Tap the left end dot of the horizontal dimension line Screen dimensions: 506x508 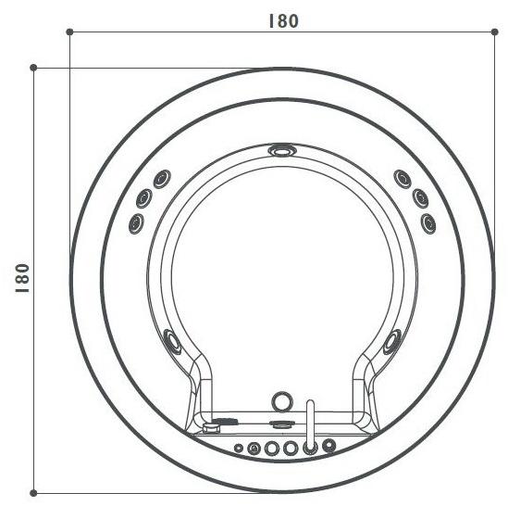point(70,32)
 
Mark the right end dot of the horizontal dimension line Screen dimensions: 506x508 point(491,32)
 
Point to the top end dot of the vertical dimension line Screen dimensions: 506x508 point(34,68)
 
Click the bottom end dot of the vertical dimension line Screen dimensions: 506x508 point(34,492)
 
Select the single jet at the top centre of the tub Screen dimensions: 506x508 point(280,150)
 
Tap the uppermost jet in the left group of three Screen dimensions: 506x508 point(161,178)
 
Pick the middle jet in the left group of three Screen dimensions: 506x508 point(146,197)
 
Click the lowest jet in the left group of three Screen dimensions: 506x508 point(136,221)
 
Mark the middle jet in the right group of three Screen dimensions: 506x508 point(418,198)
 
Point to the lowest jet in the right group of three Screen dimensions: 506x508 point(427,222)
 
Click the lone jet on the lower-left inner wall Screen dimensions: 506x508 point(172,340)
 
